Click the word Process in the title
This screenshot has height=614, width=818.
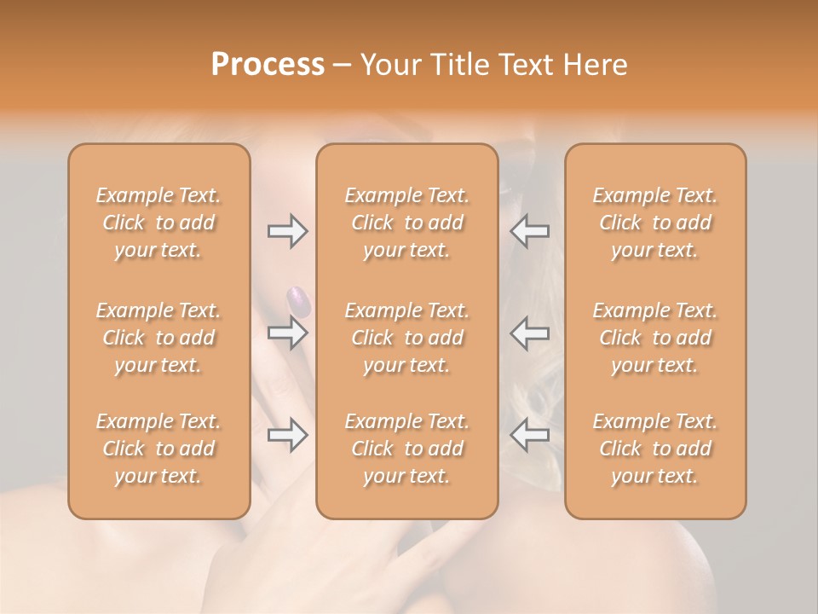click(268, 65)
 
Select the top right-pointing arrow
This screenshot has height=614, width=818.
click(287, 231)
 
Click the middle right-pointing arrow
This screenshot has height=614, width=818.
click(287, 333)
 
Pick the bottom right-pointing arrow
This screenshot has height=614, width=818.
click(287, 435)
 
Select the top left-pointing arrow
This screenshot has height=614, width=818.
click(530, 231)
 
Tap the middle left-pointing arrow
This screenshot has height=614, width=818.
click(530, 333)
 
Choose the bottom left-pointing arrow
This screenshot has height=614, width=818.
click(530, 435)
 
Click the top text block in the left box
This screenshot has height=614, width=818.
click(158, 223)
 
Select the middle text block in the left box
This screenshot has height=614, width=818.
click(158, 338)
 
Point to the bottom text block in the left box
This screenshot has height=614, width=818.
click(158, 449)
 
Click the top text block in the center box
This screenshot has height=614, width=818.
click(406, 223)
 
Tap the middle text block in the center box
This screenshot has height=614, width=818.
click(406, 338)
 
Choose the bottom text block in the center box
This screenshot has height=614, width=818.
click(406, 449)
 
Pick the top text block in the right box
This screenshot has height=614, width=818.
click(654, 223)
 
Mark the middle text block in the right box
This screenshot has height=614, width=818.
click(654, 338)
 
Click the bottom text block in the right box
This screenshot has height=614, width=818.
click(654, 449)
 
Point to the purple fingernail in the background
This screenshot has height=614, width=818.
click(298, 299)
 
